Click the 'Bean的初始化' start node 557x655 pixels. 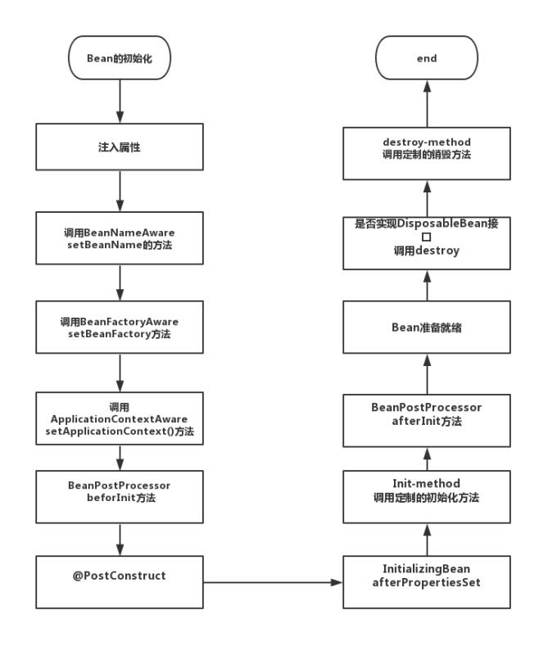click(120, 58)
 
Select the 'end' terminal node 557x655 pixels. click(426, 58)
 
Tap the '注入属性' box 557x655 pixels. click(120, 147)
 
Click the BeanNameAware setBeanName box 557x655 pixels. click(120, 238)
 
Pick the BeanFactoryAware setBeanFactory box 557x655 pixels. click(120, 327)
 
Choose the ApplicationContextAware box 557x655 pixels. click(120, 418)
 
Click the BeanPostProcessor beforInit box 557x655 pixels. click(120, 496)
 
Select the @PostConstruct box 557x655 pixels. click(120, 581)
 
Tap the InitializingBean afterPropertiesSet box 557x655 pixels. click(426, 581)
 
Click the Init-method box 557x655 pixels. click(426, 496)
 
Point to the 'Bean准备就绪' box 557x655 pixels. click(426, 327)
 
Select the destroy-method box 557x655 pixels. click(426, 153)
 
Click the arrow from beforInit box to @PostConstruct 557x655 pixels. click(120, 539)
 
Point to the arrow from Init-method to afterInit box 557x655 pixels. click(426, 458)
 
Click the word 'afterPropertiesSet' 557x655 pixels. click(426, 588)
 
